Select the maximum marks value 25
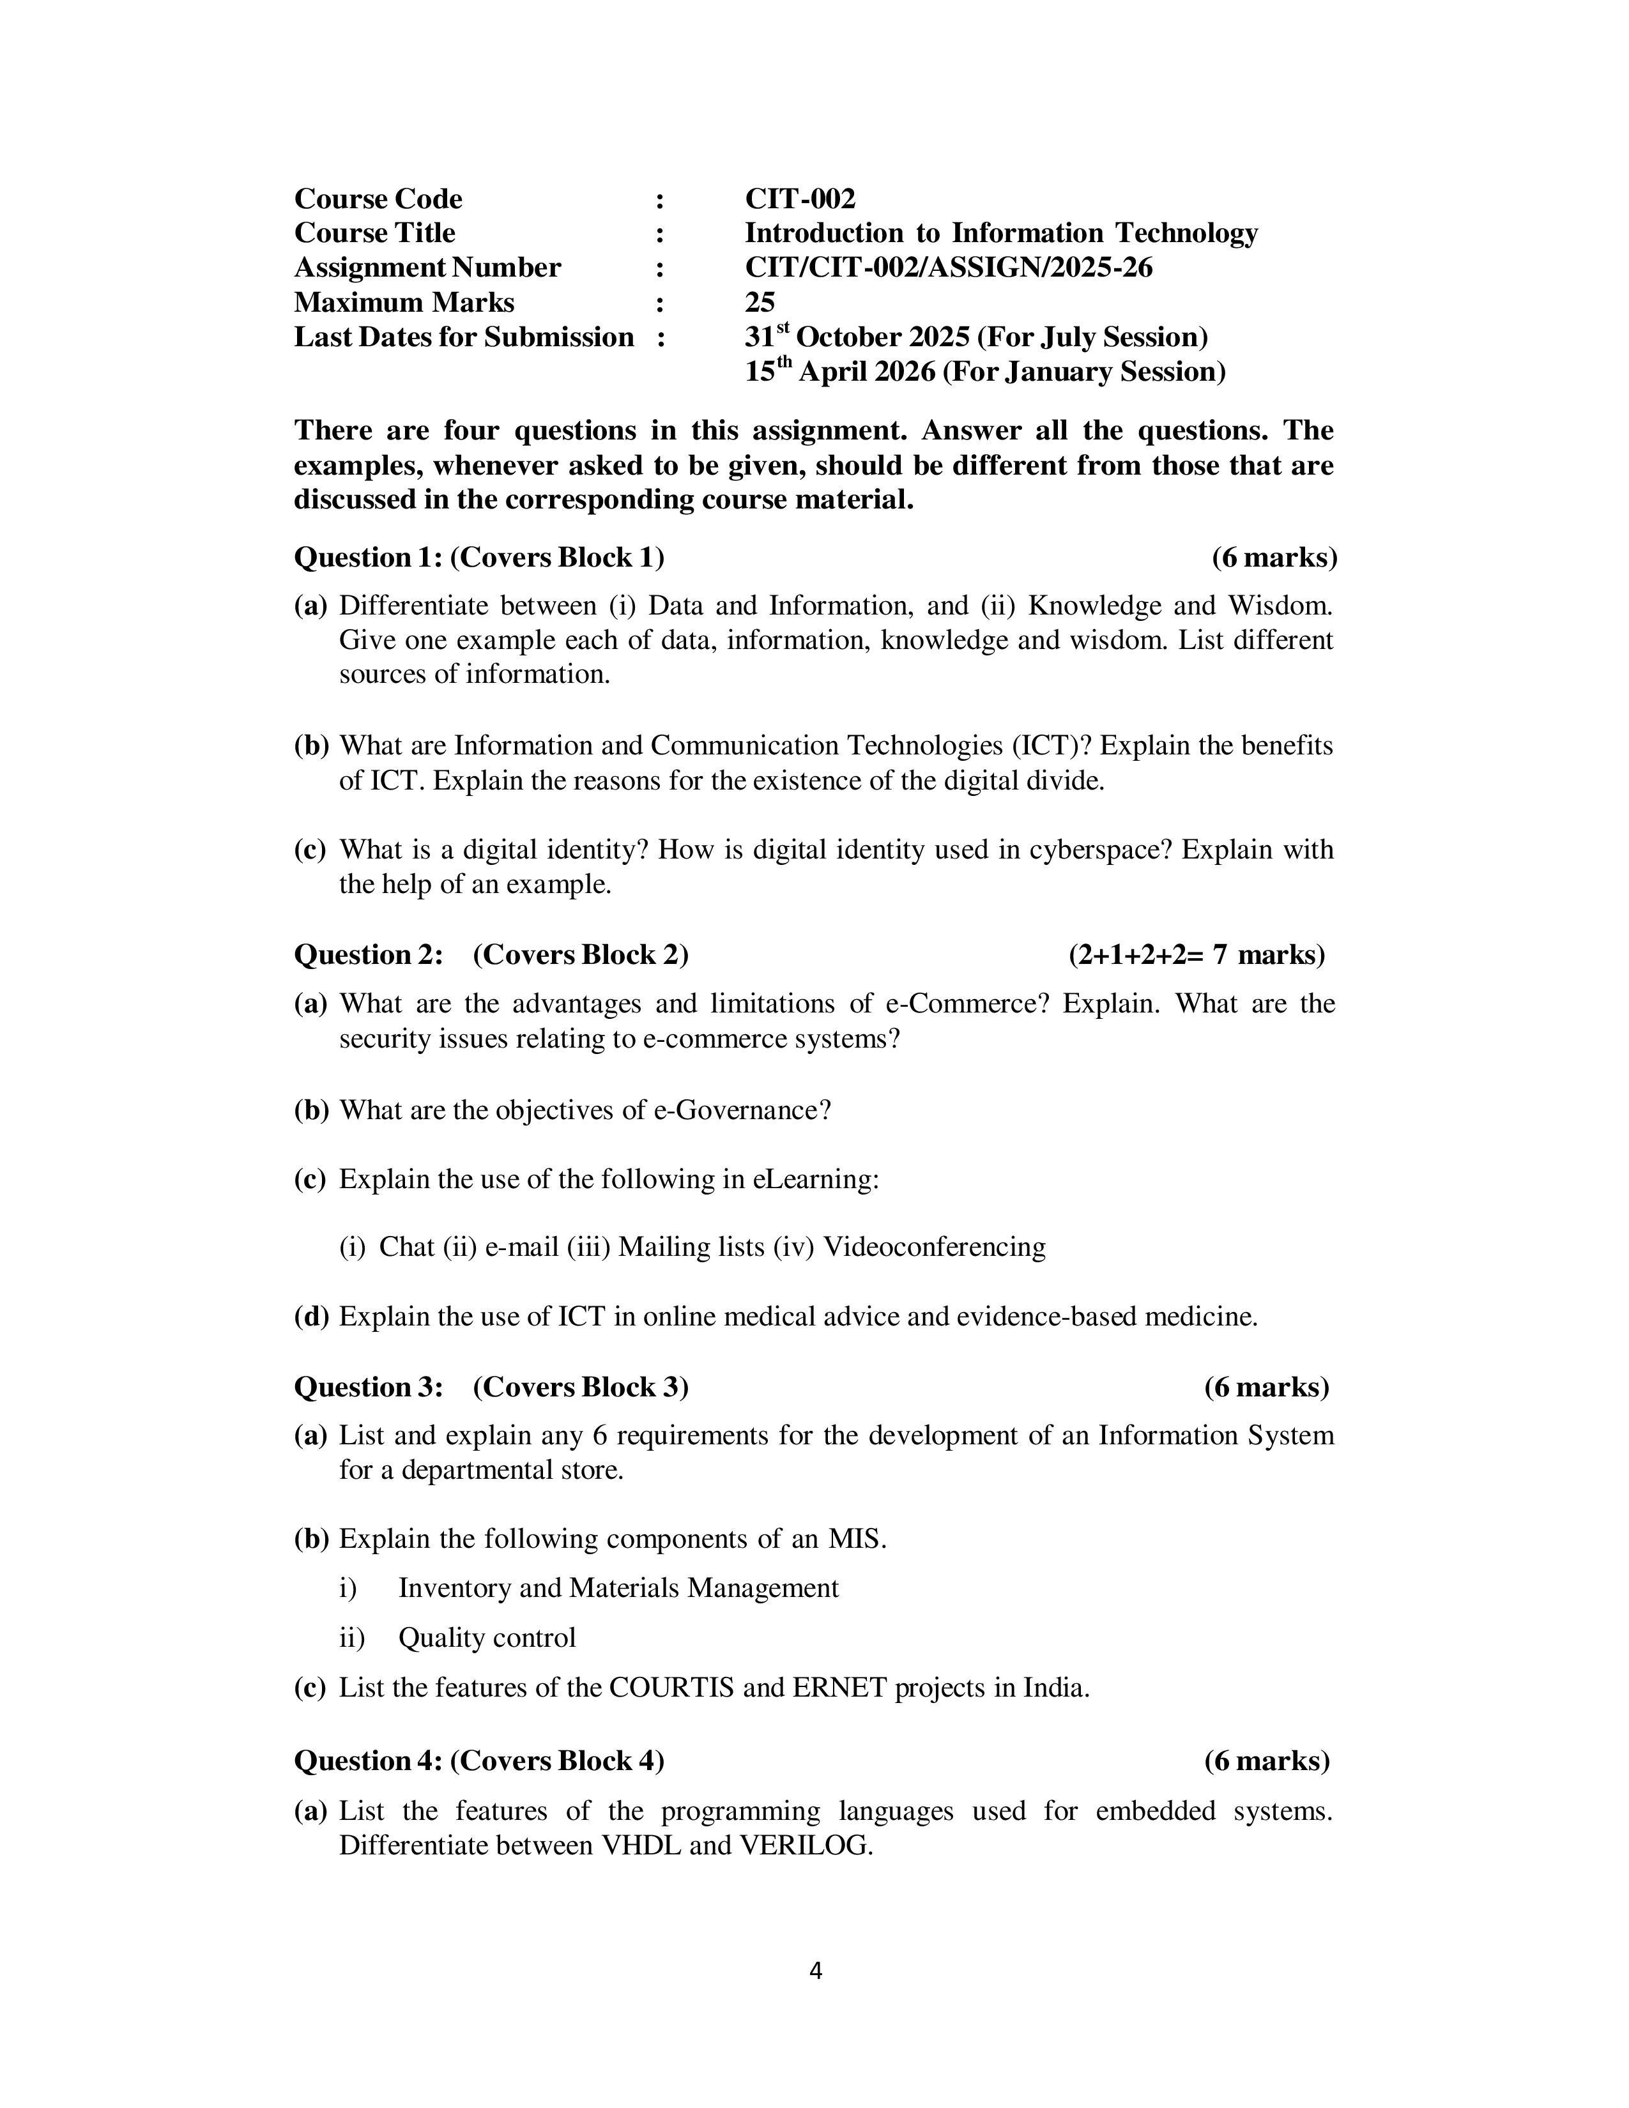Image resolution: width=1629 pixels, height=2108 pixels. tap(760, 302)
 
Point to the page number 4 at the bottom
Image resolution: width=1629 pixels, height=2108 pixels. tap(814, 1971)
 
